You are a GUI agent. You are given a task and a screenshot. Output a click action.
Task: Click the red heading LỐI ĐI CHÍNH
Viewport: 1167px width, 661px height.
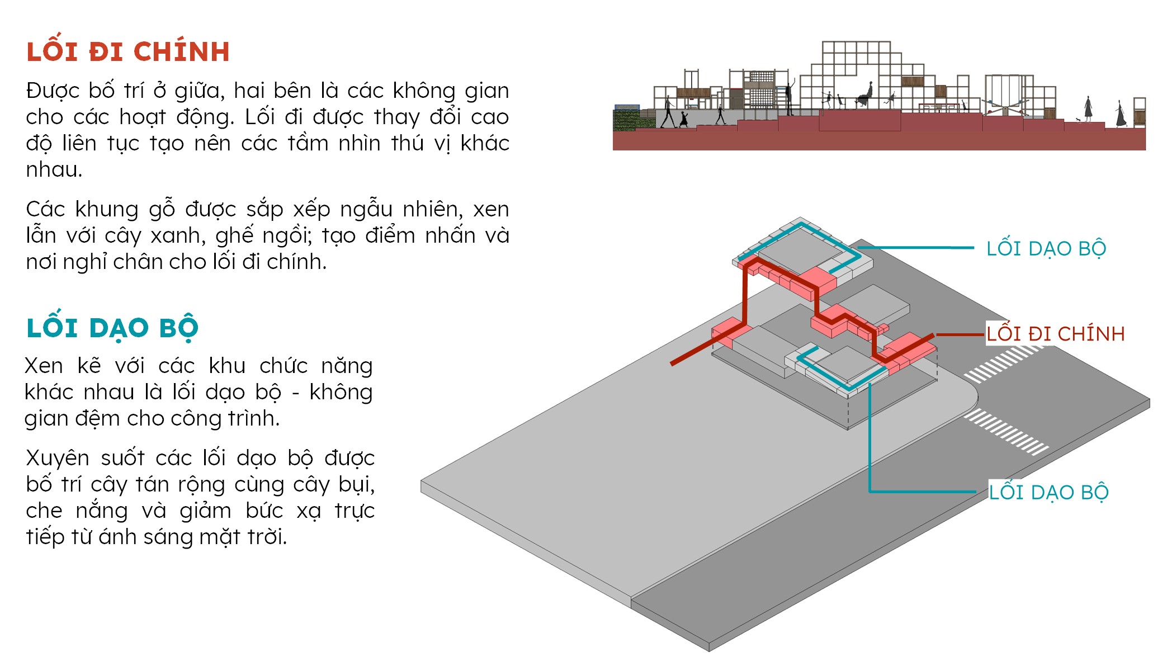click(x=128, y=52)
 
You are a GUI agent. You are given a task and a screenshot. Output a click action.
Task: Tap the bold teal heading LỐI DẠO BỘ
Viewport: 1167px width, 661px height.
click(x=112, y=328)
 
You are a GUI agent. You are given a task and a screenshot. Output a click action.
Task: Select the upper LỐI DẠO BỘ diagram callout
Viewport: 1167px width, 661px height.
click(x=1046, y=249)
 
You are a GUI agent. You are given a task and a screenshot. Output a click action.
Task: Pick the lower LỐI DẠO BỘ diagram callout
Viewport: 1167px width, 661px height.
click(x=1048, y=493)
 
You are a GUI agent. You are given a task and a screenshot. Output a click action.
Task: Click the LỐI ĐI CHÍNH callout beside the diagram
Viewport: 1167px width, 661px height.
click(x=1055, y=334)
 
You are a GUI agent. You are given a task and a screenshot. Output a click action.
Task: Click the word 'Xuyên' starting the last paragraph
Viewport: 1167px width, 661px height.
click(x=58, y=459)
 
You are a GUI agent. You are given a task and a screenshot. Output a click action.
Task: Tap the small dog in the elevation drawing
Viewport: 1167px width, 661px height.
click(x=1079, y=120)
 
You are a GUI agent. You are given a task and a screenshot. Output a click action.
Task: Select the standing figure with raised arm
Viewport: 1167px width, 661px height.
click(x=790, y=98)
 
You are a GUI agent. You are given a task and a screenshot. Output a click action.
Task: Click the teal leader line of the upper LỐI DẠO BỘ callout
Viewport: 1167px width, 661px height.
click(x=917, y=247)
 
